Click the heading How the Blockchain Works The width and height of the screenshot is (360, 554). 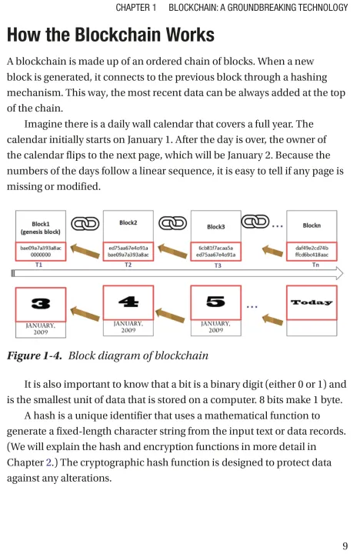pos(111,35)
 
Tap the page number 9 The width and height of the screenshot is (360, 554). pos(345,546)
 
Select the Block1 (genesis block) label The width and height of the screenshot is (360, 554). pos(41,228)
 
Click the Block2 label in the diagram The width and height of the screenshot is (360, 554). pos(128,222)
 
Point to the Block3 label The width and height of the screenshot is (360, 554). pos(216,227)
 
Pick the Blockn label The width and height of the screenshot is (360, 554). pos(312,225)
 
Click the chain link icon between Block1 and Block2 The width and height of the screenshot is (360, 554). pos(85,224)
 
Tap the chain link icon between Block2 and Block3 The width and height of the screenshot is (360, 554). pos(172,223)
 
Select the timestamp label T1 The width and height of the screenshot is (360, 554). pos(38,265)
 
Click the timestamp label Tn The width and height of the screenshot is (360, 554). pos(315,265)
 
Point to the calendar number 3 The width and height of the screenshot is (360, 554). pos(41,303)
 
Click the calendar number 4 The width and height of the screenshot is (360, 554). pos(128,302)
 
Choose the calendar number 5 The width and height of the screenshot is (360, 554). pos(215,302)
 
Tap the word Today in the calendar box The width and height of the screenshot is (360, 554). pos(312,302)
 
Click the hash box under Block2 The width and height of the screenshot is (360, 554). pos(128,251)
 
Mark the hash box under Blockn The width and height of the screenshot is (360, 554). pos(312,251)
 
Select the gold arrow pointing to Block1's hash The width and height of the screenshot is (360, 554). pos(85,251)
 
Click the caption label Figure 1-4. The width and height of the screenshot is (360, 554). pos(35,355)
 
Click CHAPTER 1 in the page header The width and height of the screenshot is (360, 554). pos(136,8)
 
